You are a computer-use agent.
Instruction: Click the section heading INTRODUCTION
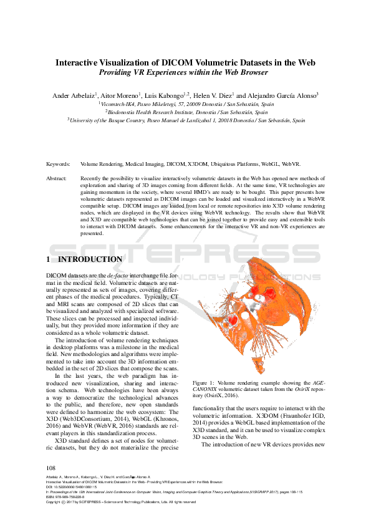tap(90, 259)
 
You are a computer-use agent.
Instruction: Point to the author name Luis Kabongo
tap(183, 95)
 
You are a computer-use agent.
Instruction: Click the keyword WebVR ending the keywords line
tap(291, 164)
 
